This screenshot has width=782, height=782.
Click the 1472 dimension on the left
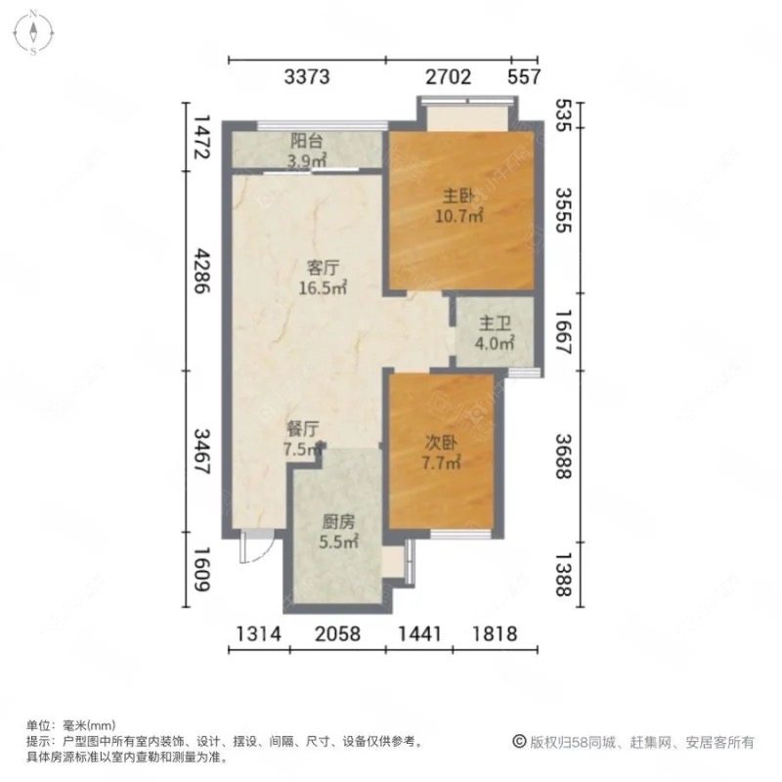[x=201, y=138]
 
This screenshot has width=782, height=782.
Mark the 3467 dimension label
[x=201, y=452]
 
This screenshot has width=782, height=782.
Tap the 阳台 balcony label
[x=307, y=140]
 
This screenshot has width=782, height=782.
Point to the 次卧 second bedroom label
[x=442, y=445]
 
